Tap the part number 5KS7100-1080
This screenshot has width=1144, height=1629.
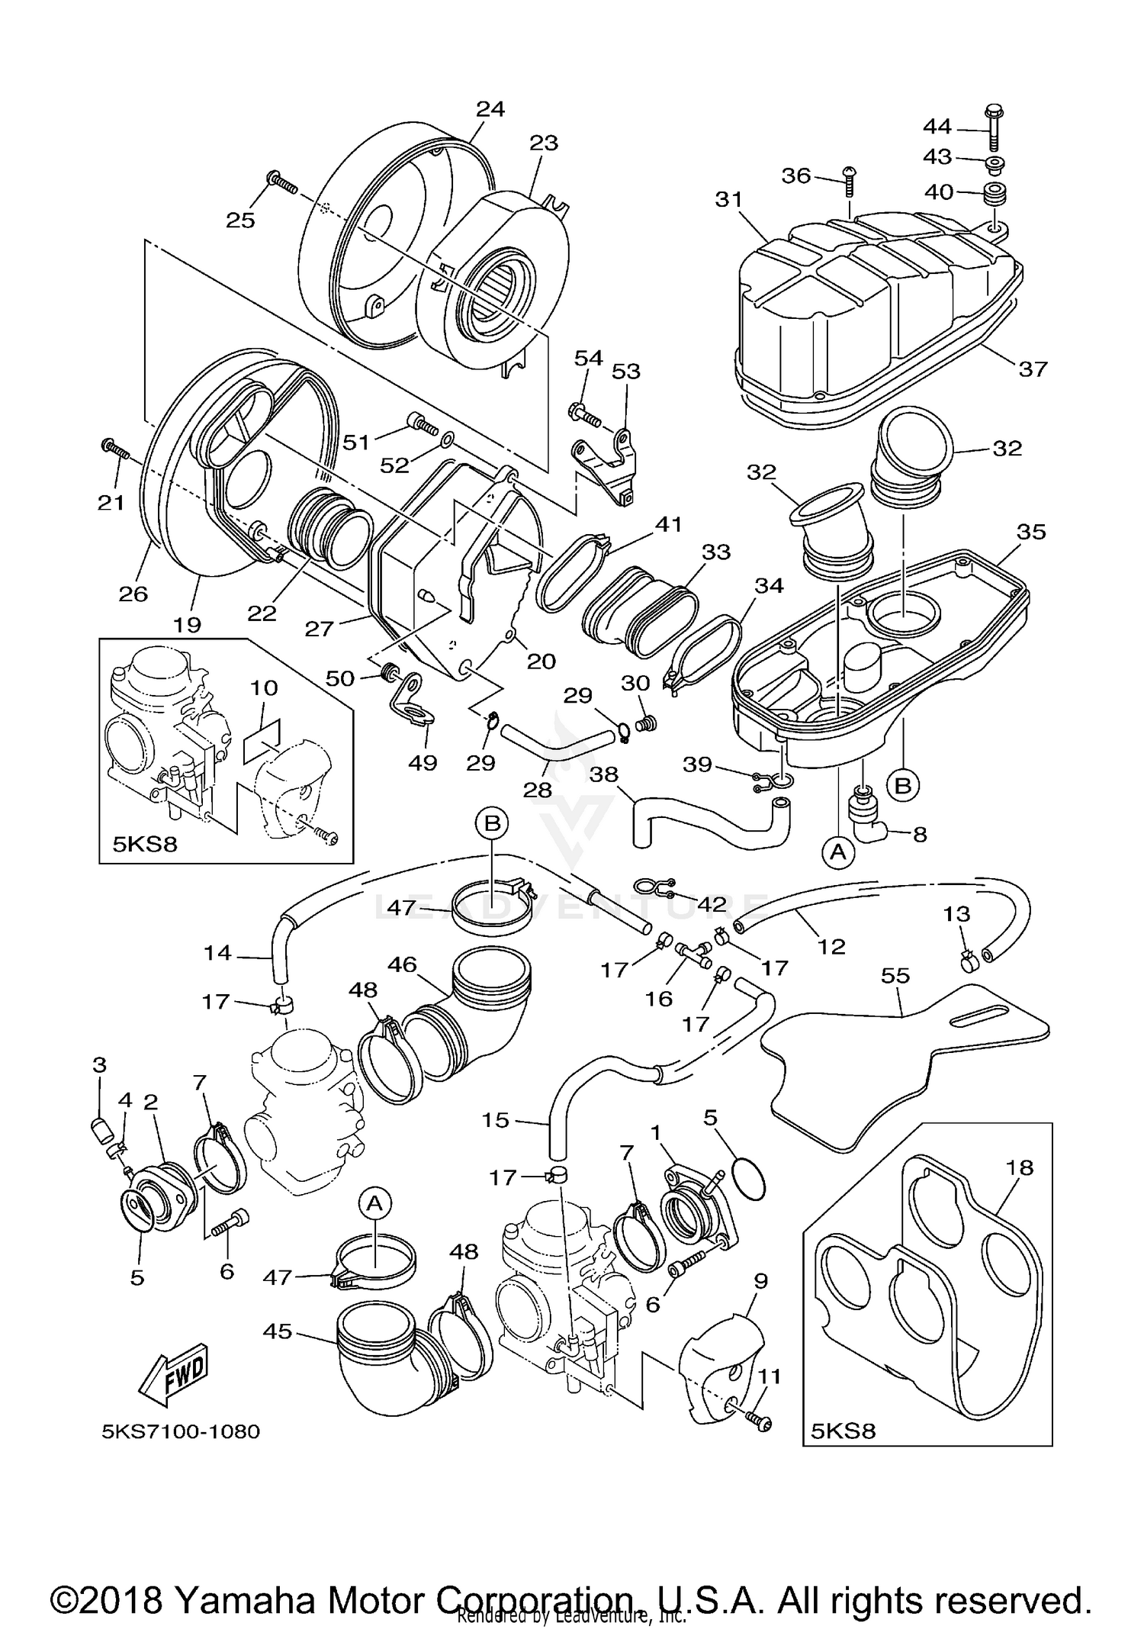click(181, 1431)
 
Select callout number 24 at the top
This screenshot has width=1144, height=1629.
click(490, 109)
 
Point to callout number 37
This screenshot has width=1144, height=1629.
click(1033, 369)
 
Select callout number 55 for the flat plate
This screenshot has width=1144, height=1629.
click(895, 975)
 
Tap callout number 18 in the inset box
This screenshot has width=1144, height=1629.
click(1019, 1167)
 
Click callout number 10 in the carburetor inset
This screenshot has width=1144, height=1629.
click(264, 687)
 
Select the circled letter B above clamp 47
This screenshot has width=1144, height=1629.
click(492, 823)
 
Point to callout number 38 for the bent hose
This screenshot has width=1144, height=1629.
click(604, 775)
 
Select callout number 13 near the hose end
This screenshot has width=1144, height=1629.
click(956, 914)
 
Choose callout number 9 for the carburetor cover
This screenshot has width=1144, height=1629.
click(760, 1281)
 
